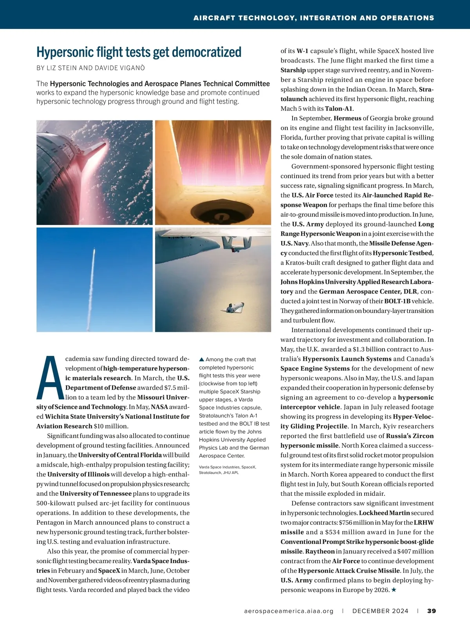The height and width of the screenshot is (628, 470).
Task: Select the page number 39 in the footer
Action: (432, 611)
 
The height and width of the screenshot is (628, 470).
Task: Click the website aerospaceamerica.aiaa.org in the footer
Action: (289, 611)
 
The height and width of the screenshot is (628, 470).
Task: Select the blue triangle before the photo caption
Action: (202, 359)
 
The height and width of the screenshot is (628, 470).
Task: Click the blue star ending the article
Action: (394, 590)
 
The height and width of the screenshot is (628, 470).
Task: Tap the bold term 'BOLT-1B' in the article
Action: (398, 301)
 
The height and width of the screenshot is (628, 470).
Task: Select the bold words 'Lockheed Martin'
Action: (384, 513)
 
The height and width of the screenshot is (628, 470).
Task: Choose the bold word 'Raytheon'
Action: (320, 551)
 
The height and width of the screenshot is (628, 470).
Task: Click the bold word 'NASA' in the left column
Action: (159, 407)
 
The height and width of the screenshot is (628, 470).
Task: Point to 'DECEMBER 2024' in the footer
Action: (380, 611)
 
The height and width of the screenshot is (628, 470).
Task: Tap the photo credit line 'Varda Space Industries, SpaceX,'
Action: (227, 467)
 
